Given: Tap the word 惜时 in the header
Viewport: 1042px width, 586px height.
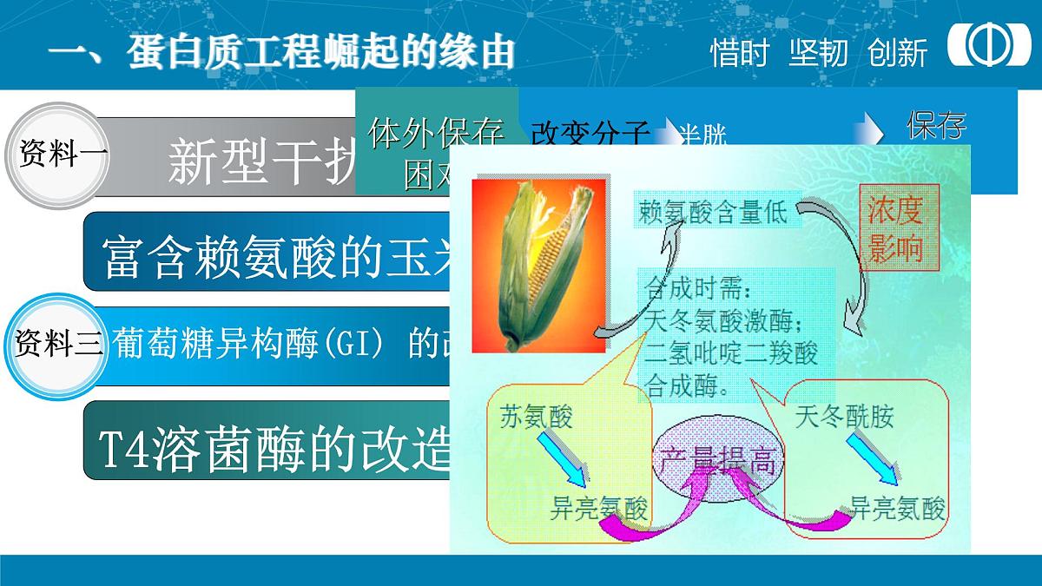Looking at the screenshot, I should (739, 53).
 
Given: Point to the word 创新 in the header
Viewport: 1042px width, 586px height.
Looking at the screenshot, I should (897, 53).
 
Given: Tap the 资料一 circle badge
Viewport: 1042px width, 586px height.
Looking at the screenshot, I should (59, 156).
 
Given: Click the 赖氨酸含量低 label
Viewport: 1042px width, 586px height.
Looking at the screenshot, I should (712, 212).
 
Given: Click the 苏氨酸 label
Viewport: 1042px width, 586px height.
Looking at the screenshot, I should (537, 418).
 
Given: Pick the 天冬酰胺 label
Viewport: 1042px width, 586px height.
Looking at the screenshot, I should (844, 418).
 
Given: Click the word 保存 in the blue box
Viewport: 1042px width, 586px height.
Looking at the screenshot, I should (936, 127).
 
